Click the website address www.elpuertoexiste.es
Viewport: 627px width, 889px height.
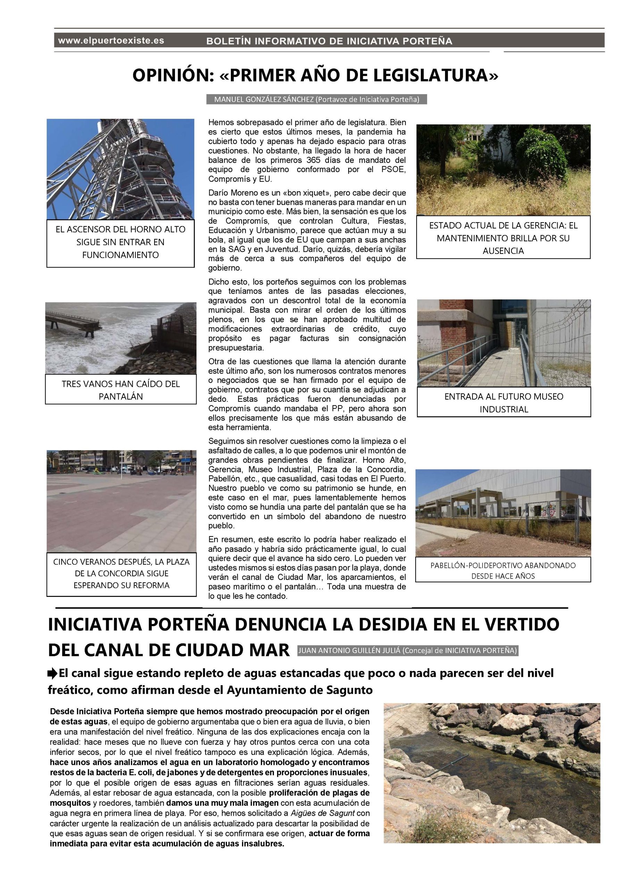pyautogui.click(x=111, y=41)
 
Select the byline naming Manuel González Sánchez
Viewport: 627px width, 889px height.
pyautogui.click(x=317, y=100)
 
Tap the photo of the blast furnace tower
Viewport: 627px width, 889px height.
pyautogui.click(x=120, y=169)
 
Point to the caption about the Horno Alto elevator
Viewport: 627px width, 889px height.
pyautogui.click(x=120, y=242)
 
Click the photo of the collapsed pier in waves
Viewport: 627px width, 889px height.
pyautogui.click(x=121, y=338)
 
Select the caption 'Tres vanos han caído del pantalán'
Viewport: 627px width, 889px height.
pyautogui.click(x=121, y=390)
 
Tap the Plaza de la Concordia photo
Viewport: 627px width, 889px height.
pyautogui.click(x=121, y=501)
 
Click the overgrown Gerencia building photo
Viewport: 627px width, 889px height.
pyautogui.click(x=503, y=170)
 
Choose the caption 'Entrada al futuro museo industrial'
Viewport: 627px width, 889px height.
pyautogui.click(x=503, y=403)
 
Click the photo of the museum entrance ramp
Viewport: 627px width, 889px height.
pyautogui.click(x=503, y=343)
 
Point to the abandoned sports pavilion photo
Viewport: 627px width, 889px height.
pyautogui.click(x=503, y=513)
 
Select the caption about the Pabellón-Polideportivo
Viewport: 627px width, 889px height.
pyautogui.click(x=503, y=570)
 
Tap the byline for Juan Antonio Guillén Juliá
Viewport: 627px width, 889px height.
pyautogui.click(x=408, y=650)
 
